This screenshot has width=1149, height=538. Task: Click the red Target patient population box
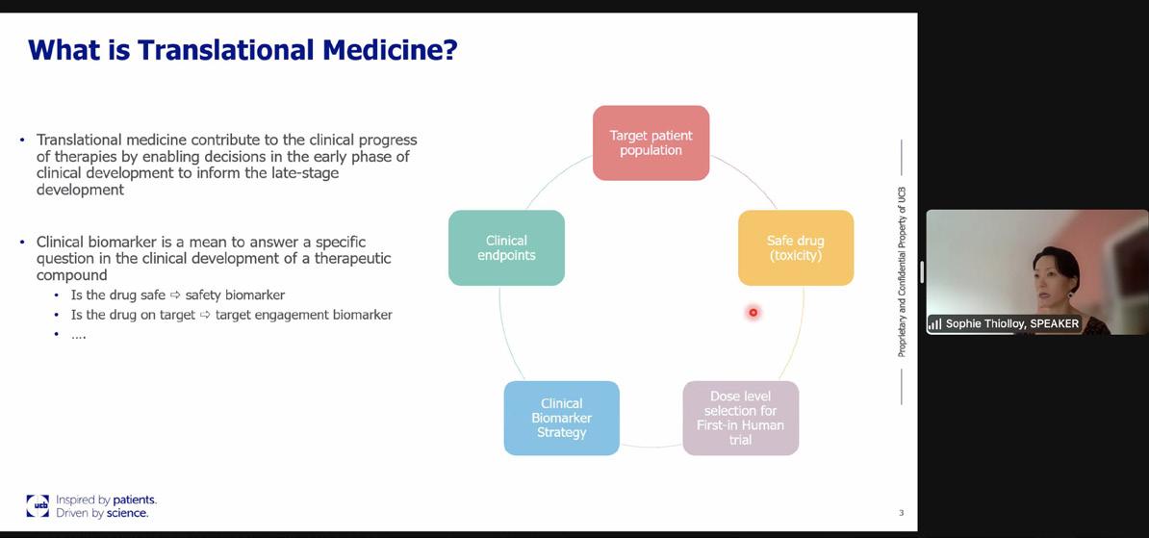pyautogui.click(x=651, y=142)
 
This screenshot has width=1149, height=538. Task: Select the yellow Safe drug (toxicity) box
pyautogui.click(x=795, y=247)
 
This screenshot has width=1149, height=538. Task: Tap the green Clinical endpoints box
pyautogui.click(x=506, y=247)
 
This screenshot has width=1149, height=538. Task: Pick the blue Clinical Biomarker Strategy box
pyautogui.click(x=561, y=418)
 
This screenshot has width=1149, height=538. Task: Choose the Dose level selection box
pyautogui.click(x=740, y=418)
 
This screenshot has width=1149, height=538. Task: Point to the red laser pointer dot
pyautogui.click(x=753, y=312)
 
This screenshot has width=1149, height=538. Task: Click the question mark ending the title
pyautogui.click(x=448, y=49)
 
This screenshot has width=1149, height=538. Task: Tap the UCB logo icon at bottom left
pyautogui.click(x=38, y=505)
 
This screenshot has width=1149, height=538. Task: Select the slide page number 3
pyautogui.click(x=901, y=513)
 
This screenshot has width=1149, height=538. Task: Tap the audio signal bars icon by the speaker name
pyautogui.click(x=934, y=324)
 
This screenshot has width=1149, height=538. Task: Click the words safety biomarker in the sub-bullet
pyautogui.click(x=235, y=295)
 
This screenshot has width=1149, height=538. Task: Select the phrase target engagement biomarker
pyautogui.click(x=303, y=315)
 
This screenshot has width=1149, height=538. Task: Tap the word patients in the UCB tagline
pyautogui.click(x=134, y=500)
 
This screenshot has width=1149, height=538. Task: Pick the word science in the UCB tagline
pyautogui.click(x=127, y=513)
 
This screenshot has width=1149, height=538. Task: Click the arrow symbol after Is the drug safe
pyautogui.click(x=175, y=295)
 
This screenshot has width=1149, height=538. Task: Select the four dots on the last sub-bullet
pyautogui.click(x=78, y=335)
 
